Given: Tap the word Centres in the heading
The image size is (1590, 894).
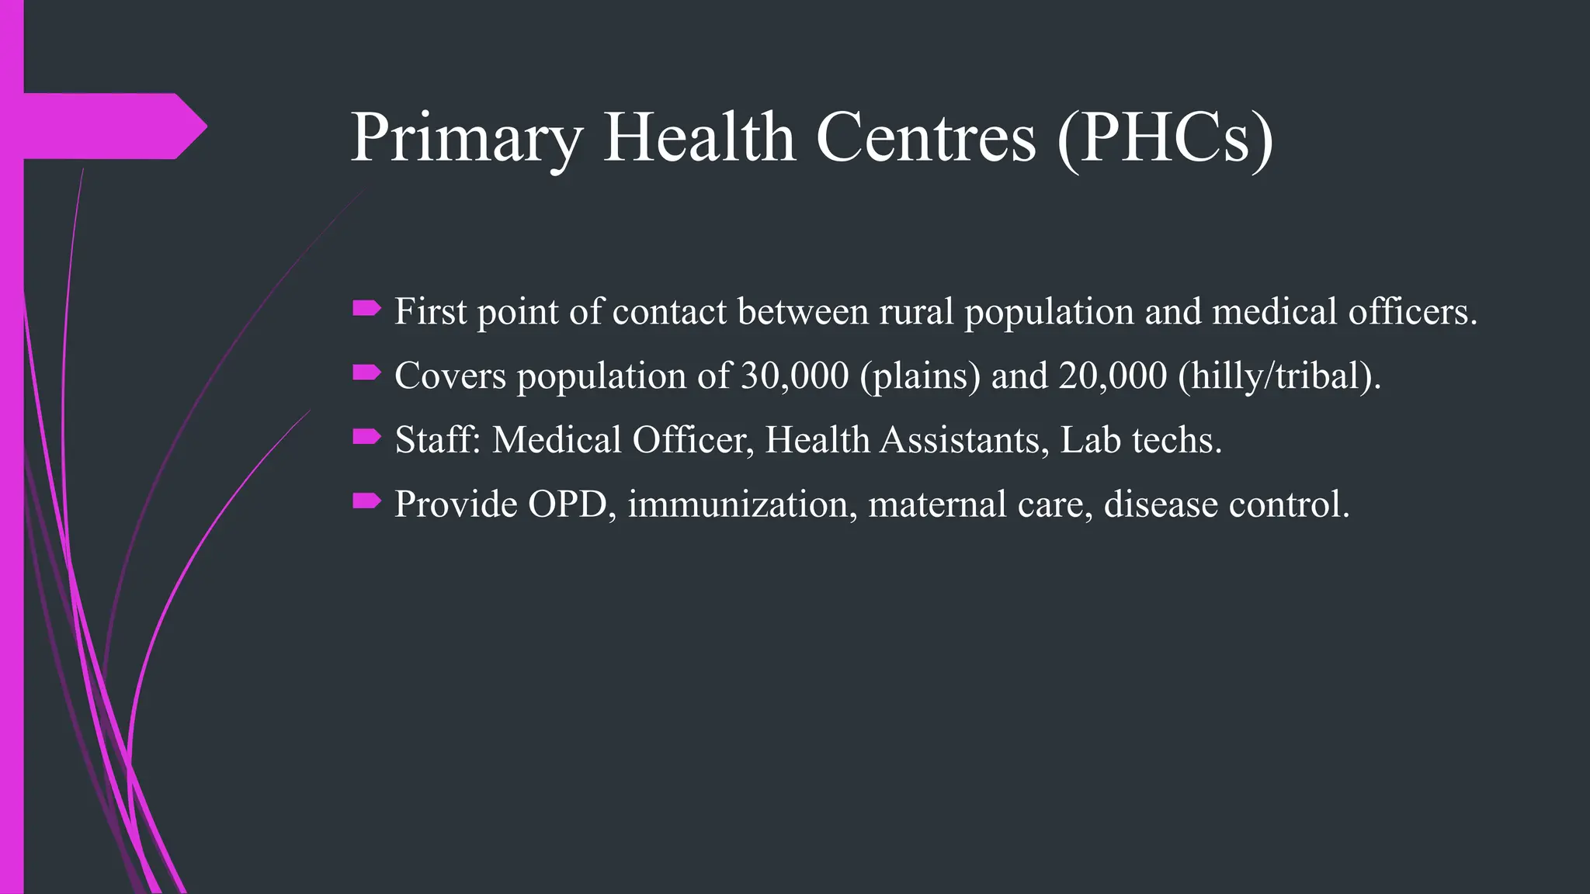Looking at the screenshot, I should pos(925,138).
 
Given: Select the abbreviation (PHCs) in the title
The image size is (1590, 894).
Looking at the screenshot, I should pos(1165,138).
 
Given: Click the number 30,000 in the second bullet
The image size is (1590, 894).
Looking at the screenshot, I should pos(795,376).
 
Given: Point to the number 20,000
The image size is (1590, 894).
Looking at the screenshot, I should pos(1113,376).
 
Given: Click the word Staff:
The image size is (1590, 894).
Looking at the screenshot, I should pos(438,440).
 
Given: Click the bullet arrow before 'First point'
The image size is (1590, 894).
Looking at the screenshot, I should pos(366,310).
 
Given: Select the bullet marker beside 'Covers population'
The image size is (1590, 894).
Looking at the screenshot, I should pos(366,374).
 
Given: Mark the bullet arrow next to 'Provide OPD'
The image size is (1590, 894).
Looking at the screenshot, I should pos(366,502).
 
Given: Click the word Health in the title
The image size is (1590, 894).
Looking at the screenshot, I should pos(699,138).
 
